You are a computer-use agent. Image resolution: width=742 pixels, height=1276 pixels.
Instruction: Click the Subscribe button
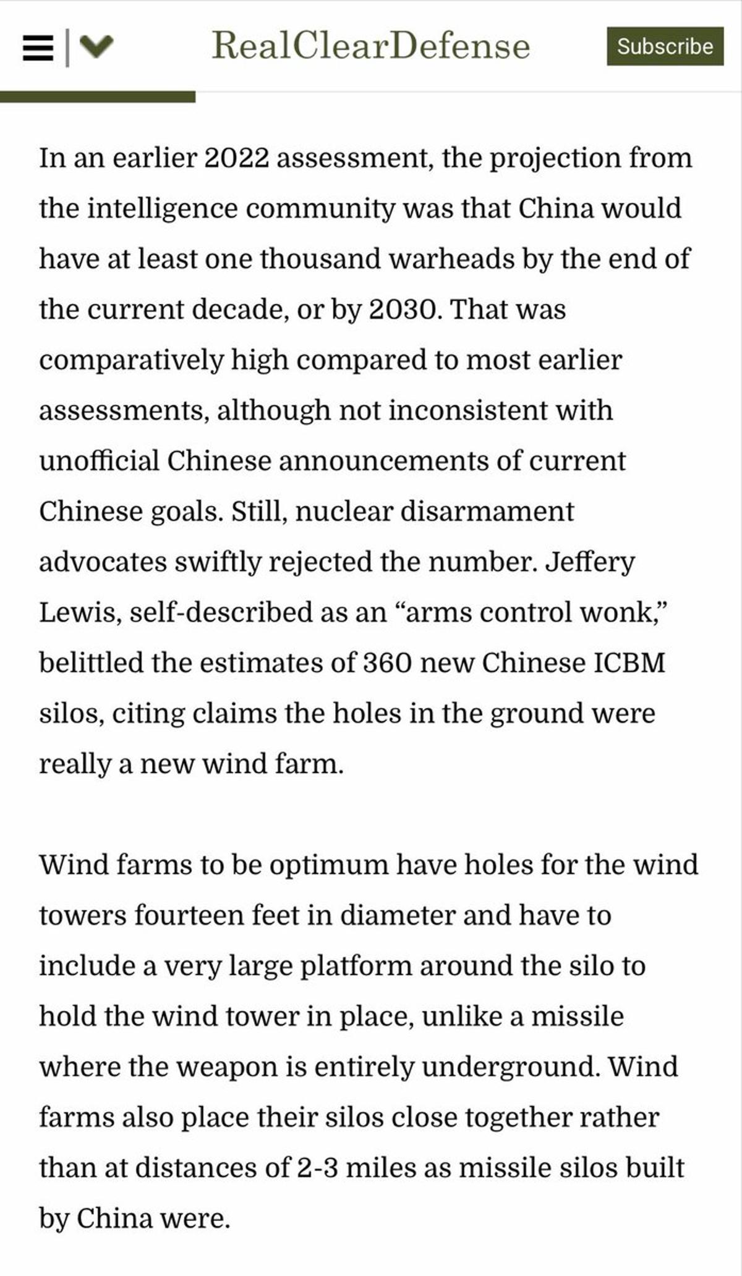pyautogui.click(x=665, y=46)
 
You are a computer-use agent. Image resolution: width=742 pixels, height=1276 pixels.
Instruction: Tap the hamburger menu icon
pyautogui.click(x=38, y=48)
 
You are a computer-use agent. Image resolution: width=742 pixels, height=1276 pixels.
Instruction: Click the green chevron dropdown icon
pyautogui.click(x=97, y=46)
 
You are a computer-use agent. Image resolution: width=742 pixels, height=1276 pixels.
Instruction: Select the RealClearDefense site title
pyautogui.click(x=371, y=46)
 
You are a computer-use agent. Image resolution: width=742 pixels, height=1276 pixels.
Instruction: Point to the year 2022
pyautogui.click(x=236, y=158)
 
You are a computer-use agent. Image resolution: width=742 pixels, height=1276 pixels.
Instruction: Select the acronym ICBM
pyautogui.click(x=629, y=663)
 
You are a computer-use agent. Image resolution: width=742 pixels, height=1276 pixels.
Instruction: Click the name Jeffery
pyautogui.click(x=590, y=562)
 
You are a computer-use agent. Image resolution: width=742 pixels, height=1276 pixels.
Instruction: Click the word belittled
pyautogui.click(x=91, y=663)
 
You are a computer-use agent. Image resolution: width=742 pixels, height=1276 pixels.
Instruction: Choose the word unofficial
pyautogui.click(x=99, y=461)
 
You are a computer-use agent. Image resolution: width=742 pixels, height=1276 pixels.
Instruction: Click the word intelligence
pyautogui.click(x=162, y=209)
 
